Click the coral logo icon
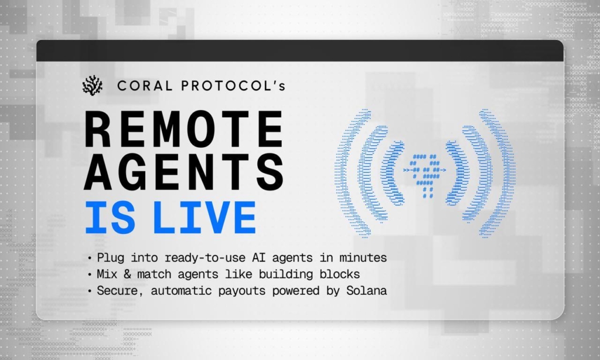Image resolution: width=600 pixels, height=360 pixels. pos(92,85)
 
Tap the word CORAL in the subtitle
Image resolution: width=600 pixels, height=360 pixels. pos(145,86)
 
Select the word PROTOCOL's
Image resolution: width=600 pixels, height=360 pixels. pos(233,86)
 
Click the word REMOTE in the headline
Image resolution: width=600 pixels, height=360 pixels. pos(183,129)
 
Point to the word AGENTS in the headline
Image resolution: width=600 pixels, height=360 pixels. pos(183,173)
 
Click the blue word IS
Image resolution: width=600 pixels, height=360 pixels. pos(110,218)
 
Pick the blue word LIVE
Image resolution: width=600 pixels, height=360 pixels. pos(204,218)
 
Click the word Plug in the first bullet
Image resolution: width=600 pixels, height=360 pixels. pos(111,258)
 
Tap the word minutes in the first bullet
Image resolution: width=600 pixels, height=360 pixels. pos(363,258)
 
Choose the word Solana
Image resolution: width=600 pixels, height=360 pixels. pos(367,291)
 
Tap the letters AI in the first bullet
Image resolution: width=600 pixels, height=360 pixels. pos(258,258)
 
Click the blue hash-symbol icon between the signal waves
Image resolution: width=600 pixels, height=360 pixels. pos(424,174)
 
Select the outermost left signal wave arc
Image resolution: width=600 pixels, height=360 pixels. pos(342,173)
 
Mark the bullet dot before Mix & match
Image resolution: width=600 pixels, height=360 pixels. pos(90,274)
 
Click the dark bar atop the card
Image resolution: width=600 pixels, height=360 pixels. pos(300,50)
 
